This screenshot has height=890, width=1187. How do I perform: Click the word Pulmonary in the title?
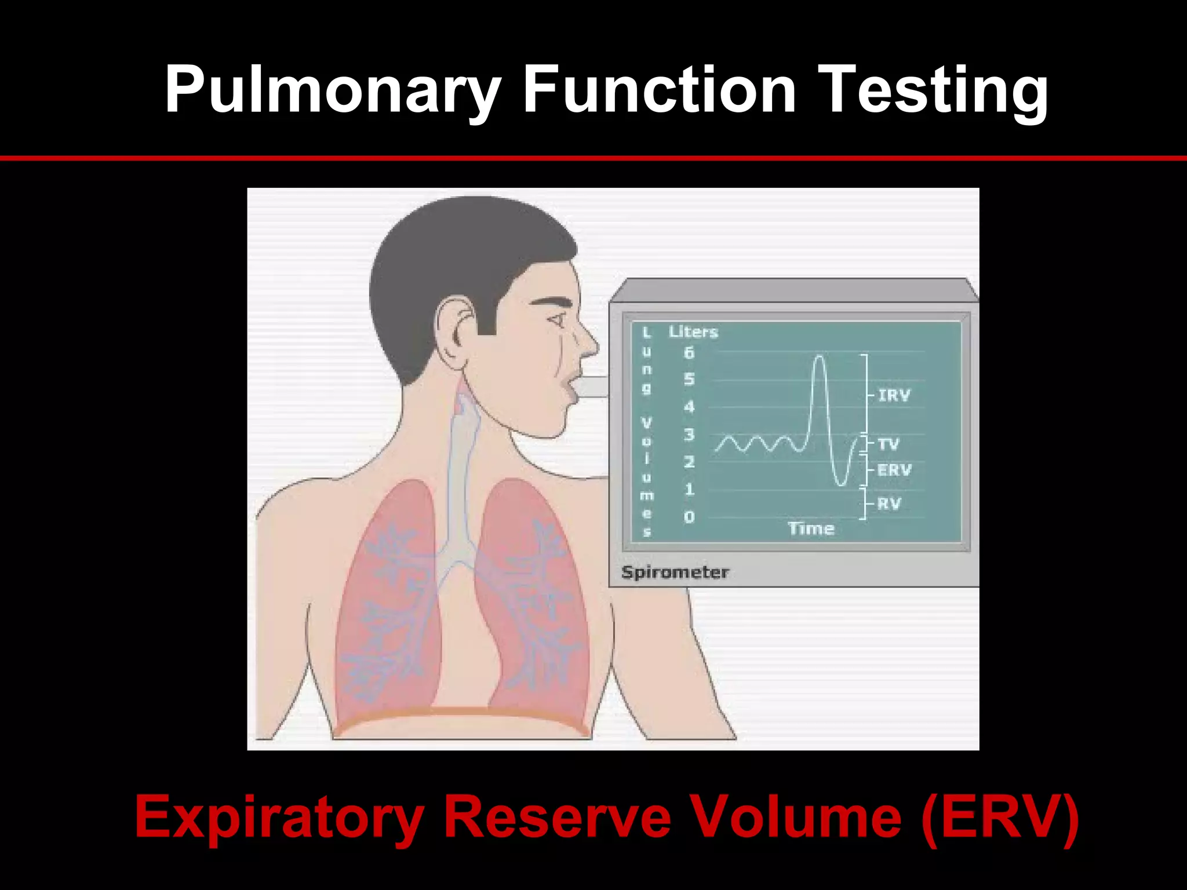pos(332,90)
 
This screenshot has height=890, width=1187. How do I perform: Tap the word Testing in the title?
pos(934,90)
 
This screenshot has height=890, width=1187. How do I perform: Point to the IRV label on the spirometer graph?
pos(894,396)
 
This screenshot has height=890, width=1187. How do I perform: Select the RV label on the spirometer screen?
pos(889,504)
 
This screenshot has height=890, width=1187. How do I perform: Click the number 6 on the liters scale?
pos(689,352)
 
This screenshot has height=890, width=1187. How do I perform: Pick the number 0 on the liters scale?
pos(689,517)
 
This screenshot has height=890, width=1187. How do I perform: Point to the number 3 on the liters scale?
pos(689,435)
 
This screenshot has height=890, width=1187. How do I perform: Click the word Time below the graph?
pos(811,528)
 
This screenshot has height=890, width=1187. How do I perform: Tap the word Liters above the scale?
pos(693,332)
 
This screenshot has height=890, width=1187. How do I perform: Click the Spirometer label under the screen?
pos(675,572)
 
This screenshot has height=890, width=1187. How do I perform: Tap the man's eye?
pos(558,319)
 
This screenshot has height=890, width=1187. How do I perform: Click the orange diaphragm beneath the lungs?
pos(461,713)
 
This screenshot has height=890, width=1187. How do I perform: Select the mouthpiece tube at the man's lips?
pos(591,386)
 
